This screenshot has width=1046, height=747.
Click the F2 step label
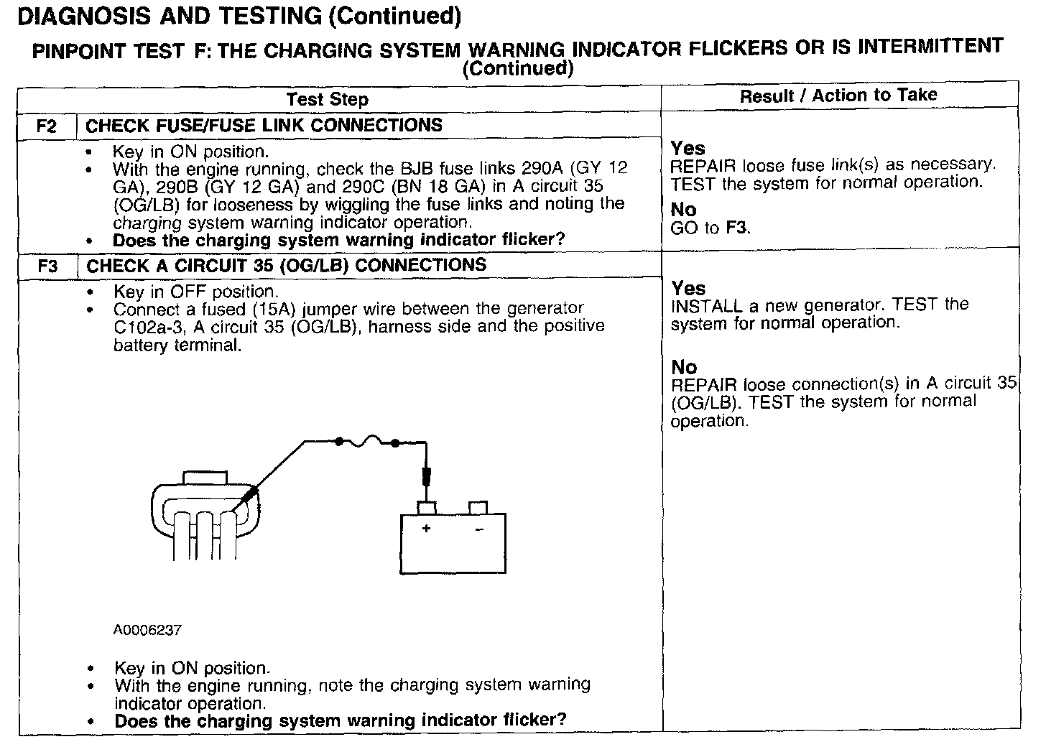pos(47,126)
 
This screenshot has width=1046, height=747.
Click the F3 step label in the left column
pos(47,266)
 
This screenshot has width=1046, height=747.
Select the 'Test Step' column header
pos(328,99)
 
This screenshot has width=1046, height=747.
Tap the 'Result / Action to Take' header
pos(838,96)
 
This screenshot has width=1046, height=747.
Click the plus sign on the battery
pos(426,529)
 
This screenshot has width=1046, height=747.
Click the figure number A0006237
pos(147,630)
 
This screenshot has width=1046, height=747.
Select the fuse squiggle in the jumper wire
pos(366,441)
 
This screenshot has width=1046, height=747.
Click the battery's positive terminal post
pos(427,508)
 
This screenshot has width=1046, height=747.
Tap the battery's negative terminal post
pos(478,508)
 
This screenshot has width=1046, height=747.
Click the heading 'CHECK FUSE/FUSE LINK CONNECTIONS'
pos(264,126)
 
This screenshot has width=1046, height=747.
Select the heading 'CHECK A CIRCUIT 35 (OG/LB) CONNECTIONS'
pos(286,266)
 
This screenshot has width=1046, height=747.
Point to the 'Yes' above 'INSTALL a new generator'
pos(688,288)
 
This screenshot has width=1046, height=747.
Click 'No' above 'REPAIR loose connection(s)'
pos(684,367)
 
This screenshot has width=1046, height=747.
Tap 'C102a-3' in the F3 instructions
pos(144,327)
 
